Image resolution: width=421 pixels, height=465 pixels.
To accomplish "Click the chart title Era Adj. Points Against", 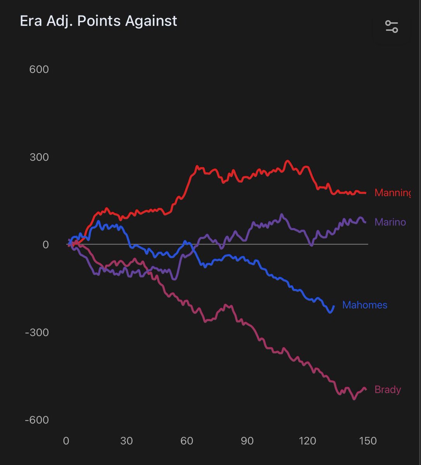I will (x=98, y=21).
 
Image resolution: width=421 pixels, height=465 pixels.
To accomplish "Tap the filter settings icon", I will (x=392, y=27).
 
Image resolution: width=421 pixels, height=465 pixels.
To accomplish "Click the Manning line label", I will (x=392, y=193).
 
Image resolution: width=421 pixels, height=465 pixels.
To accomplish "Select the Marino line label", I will (x=390, y=222).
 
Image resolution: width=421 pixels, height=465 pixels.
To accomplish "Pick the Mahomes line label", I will (x=365, y=305).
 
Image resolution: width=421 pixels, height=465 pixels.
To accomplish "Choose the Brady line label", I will (x=388, y=389).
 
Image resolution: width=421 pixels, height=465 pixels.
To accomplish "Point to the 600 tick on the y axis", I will (x=39, y=69).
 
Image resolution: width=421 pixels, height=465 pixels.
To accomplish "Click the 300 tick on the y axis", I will (x=39, y=157).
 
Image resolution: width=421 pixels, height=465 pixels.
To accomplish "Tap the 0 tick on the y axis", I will (x=45, y=245).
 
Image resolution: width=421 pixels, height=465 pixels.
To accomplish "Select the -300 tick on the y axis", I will (x=36, y=332).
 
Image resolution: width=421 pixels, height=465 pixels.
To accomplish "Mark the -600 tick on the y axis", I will (x=36, y=420).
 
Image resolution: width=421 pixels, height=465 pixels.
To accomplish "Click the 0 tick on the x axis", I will (x=66, y=441).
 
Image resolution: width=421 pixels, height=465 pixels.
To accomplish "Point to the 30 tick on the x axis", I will (x=126, y=441).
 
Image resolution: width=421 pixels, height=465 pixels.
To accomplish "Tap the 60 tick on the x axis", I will (x=187, y=441).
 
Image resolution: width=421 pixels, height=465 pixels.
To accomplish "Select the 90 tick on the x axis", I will (x=247, y=441).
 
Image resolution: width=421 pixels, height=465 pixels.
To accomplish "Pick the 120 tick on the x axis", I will (x=307, y=441).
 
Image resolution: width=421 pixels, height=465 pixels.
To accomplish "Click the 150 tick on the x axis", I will (x=368, y=441).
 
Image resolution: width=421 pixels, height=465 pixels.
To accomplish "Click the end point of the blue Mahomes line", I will (x=334, y=306).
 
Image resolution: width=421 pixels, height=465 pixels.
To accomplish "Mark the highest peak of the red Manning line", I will (x=287, y=161).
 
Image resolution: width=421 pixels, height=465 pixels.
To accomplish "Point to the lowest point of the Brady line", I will (x=354, y=399).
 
